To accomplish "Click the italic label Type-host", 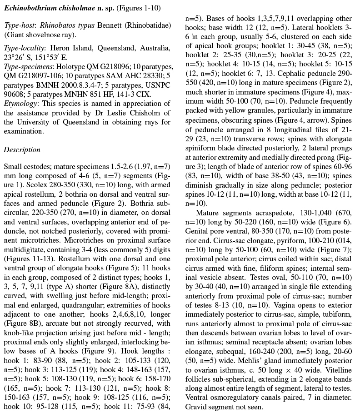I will tap(20, 25).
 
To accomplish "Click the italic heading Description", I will tap(22, 150).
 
